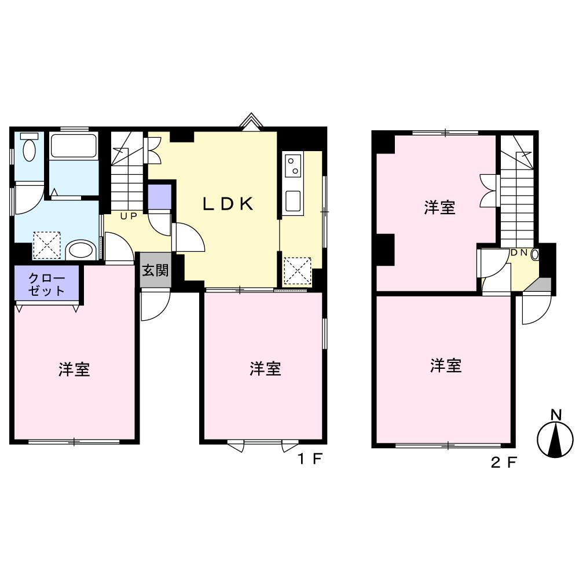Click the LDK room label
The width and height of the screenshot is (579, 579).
[x=228, y=204]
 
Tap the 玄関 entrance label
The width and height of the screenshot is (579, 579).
[x=155, y=270]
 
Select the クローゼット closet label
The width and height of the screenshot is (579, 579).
[x=46, y=284]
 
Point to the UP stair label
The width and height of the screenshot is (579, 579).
[x=129, y=217]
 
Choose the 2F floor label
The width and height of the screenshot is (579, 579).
[x=504, y=462]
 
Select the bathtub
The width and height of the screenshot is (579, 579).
[x=74, y=145]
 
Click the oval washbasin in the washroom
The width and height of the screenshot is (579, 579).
[x=81, y=249]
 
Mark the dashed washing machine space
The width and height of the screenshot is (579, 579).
[x=47, y=245]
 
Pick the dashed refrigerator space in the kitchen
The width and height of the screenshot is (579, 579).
[x=298, y=271]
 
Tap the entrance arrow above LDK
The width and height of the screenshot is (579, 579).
[x=251, y=121]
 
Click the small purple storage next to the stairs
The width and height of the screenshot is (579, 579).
[x=160, y=197]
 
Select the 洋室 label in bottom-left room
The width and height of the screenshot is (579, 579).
[x=74, y=369]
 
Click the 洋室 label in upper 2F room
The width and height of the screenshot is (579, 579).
[x=439, y=207]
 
